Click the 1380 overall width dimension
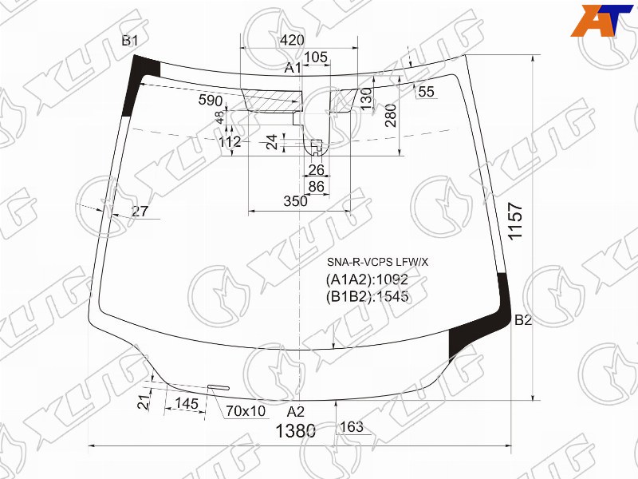pyautogui.click(x=295, y=431)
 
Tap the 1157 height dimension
pyautogui.click(x=515, y=221)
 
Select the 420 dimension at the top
pyautogui.click(x=292, y=40)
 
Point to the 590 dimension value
pyautogui.click(x=211, y=101)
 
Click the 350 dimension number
pyautogui.click(x=296, y=201)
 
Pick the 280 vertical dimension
pyautogui.click(x=390, y=115)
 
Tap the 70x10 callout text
pyautogui.click(x=246, y=411)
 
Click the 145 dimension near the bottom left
pyautogui.click(x=187, y=403)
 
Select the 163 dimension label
pyautogui.click(x=352, y=427)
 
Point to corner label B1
pyautogui.click(x=130, y=41)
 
